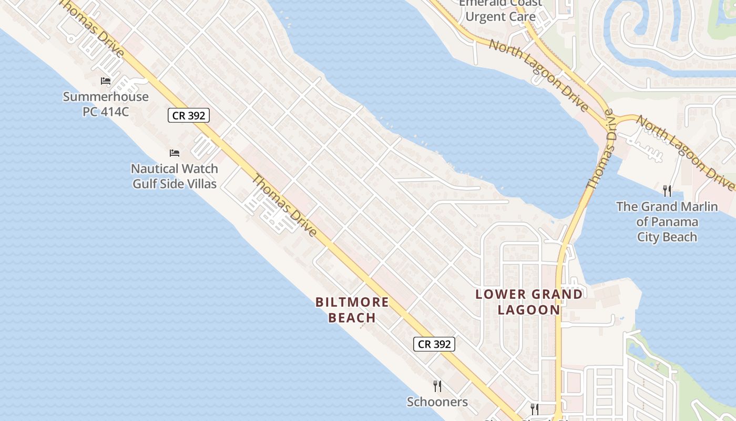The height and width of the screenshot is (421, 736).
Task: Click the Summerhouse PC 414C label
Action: [106, 104]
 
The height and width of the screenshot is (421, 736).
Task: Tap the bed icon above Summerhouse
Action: [106, 81]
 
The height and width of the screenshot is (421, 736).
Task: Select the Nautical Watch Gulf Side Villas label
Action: [175, 176]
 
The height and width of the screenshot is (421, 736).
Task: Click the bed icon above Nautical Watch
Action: [175, 153]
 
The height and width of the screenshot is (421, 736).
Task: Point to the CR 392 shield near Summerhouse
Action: [189, 115]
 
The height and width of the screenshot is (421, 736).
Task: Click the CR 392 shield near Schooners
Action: [434, 344]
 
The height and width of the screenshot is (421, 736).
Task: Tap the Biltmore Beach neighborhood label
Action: [352, 310]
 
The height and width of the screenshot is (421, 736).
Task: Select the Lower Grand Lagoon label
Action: [529, 302]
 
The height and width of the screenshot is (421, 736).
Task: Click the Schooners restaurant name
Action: [437, 402]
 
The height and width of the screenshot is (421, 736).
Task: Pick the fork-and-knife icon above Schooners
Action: [437, 386]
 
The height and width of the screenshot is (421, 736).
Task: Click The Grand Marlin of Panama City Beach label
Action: [667, 221]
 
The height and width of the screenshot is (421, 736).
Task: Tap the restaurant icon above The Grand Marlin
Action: [667, 191]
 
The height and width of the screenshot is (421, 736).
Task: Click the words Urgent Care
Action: [500, 16]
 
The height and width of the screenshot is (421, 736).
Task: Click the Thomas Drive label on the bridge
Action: [600, 151]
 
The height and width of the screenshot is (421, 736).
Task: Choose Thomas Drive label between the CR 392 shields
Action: [284, 205]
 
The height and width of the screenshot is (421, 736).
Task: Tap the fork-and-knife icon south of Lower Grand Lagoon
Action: [534, 409]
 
